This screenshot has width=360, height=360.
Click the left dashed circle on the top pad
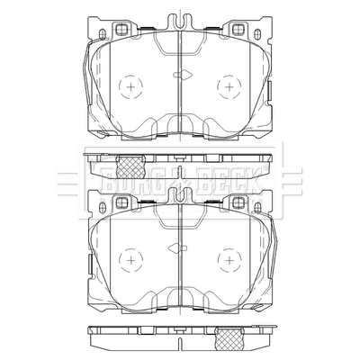click(119, 86)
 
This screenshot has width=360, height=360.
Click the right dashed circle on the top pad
click(218, 86)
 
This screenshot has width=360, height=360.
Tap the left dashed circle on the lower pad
click(119, 260)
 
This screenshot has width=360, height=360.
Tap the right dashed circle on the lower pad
click(218, 260)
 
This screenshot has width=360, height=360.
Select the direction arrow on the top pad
click(183, 75)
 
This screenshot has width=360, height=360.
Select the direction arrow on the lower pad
click(177, 247)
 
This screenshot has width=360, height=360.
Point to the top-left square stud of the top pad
click(121, 30)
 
